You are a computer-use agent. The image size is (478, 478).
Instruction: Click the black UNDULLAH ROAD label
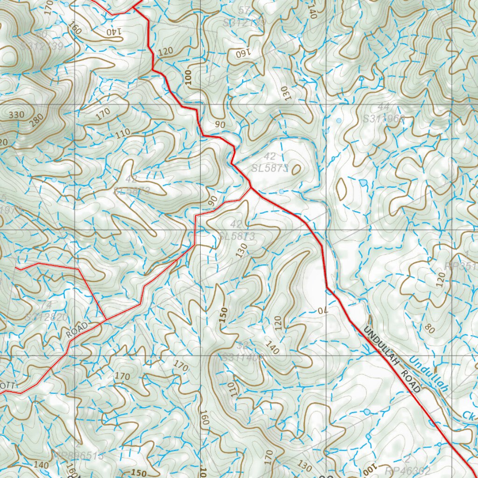tap(392, 359)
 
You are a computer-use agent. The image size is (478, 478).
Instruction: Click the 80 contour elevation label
tap(429, 330)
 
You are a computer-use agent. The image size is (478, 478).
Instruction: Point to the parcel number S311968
tap(384, 119)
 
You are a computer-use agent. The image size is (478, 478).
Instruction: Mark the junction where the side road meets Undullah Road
tap(251, 188)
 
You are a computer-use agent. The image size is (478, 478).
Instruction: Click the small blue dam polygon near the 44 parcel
tap(363, 183)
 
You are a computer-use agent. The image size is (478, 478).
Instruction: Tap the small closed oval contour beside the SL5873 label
tap(295, 169)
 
